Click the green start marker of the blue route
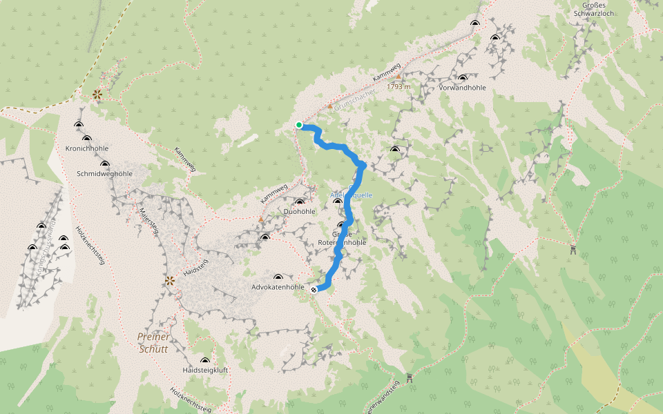point(299,125)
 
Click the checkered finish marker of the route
point(314,290)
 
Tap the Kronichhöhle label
point(88,148)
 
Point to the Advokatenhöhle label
point(278,286)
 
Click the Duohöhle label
point(300,211)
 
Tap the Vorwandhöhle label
point(462,88)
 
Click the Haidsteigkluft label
point(205,370)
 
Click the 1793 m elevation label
point(398,87)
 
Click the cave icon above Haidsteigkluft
point(204,360)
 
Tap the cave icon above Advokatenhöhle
point(278,277)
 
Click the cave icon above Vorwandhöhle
point(462,78)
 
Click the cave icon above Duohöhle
point(300,201)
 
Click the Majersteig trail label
point(149,221)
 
